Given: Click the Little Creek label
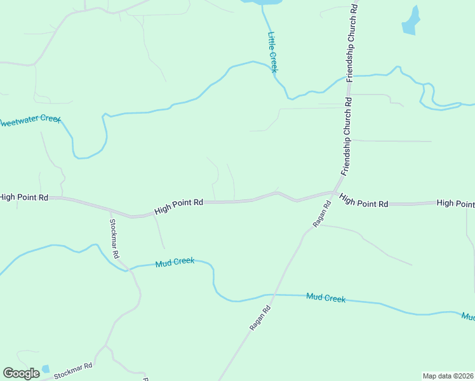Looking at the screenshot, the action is coord(272,52).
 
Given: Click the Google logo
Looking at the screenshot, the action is coord(21,373).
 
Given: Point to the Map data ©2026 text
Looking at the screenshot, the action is coord(448,375).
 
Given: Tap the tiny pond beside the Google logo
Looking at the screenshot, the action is coord(45,369).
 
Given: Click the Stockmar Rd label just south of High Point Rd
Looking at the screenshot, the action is coord(114,238).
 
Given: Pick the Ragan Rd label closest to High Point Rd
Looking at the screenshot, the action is coord(322,214).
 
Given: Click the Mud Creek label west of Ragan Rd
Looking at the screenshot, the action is coord(175,262).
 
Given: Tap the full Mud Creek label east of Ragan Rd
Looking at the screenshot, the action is coord(325,297).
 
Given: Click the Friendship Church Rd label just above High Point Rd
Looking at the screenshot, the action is coord(347,137).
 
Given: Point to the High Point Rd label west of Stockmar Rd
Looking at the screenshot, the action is coord(24,197).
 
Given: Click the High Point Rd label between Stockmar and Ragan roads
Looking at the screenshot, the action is coord(178,206).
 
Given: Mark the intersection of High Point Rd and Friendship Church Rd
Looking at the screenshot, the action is coord(335,192).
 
